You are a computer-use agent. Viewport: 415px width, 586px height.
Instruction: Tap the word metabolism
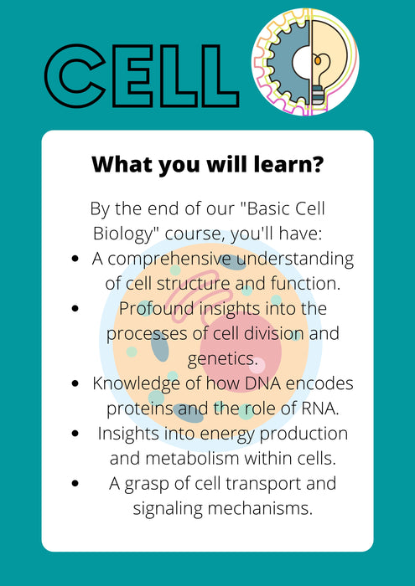pos(189,459)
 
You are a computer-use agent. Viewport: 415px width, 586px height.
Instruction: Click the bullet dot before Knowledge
pos(77,384)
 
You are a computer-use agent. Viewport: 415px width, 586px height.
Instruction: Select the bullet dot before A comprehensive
pos(77,259)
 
